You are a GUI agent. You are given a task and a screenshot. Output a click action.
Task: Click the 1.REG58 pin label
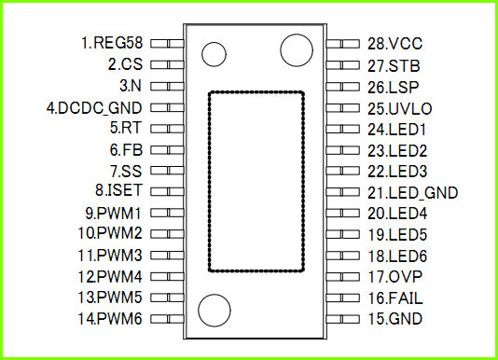click(x=112, y=43)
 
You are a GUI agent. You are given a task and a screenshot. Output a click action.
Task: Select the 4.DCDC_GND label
click(x=94, y=108)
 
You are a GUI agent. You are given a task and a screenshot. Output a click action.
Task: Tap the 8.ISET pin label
click(x=118, y=190)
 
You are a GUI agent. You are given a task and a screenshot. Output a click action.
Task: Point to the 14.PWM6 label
click(x=110, y=319)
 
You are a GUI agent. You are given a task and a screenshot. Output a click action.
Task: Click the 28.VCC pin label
click(x=395, y=44)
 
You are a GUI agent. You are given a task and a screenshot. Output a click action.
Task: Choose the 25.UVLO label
click(x=400, y=109)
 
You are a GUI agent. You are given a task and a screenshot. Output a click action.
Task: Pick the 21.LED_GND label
click(x=412, y=192)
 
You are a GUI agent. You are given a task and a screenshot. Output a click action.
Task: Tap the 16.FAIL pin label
click(x=395, y=298)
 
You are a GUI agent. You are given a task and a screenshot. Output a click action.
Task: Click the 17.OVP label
click(x=394, y=277)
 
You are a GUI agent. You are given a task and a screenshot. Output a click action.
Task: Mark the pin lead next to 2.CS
click(x=167, y=65)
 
